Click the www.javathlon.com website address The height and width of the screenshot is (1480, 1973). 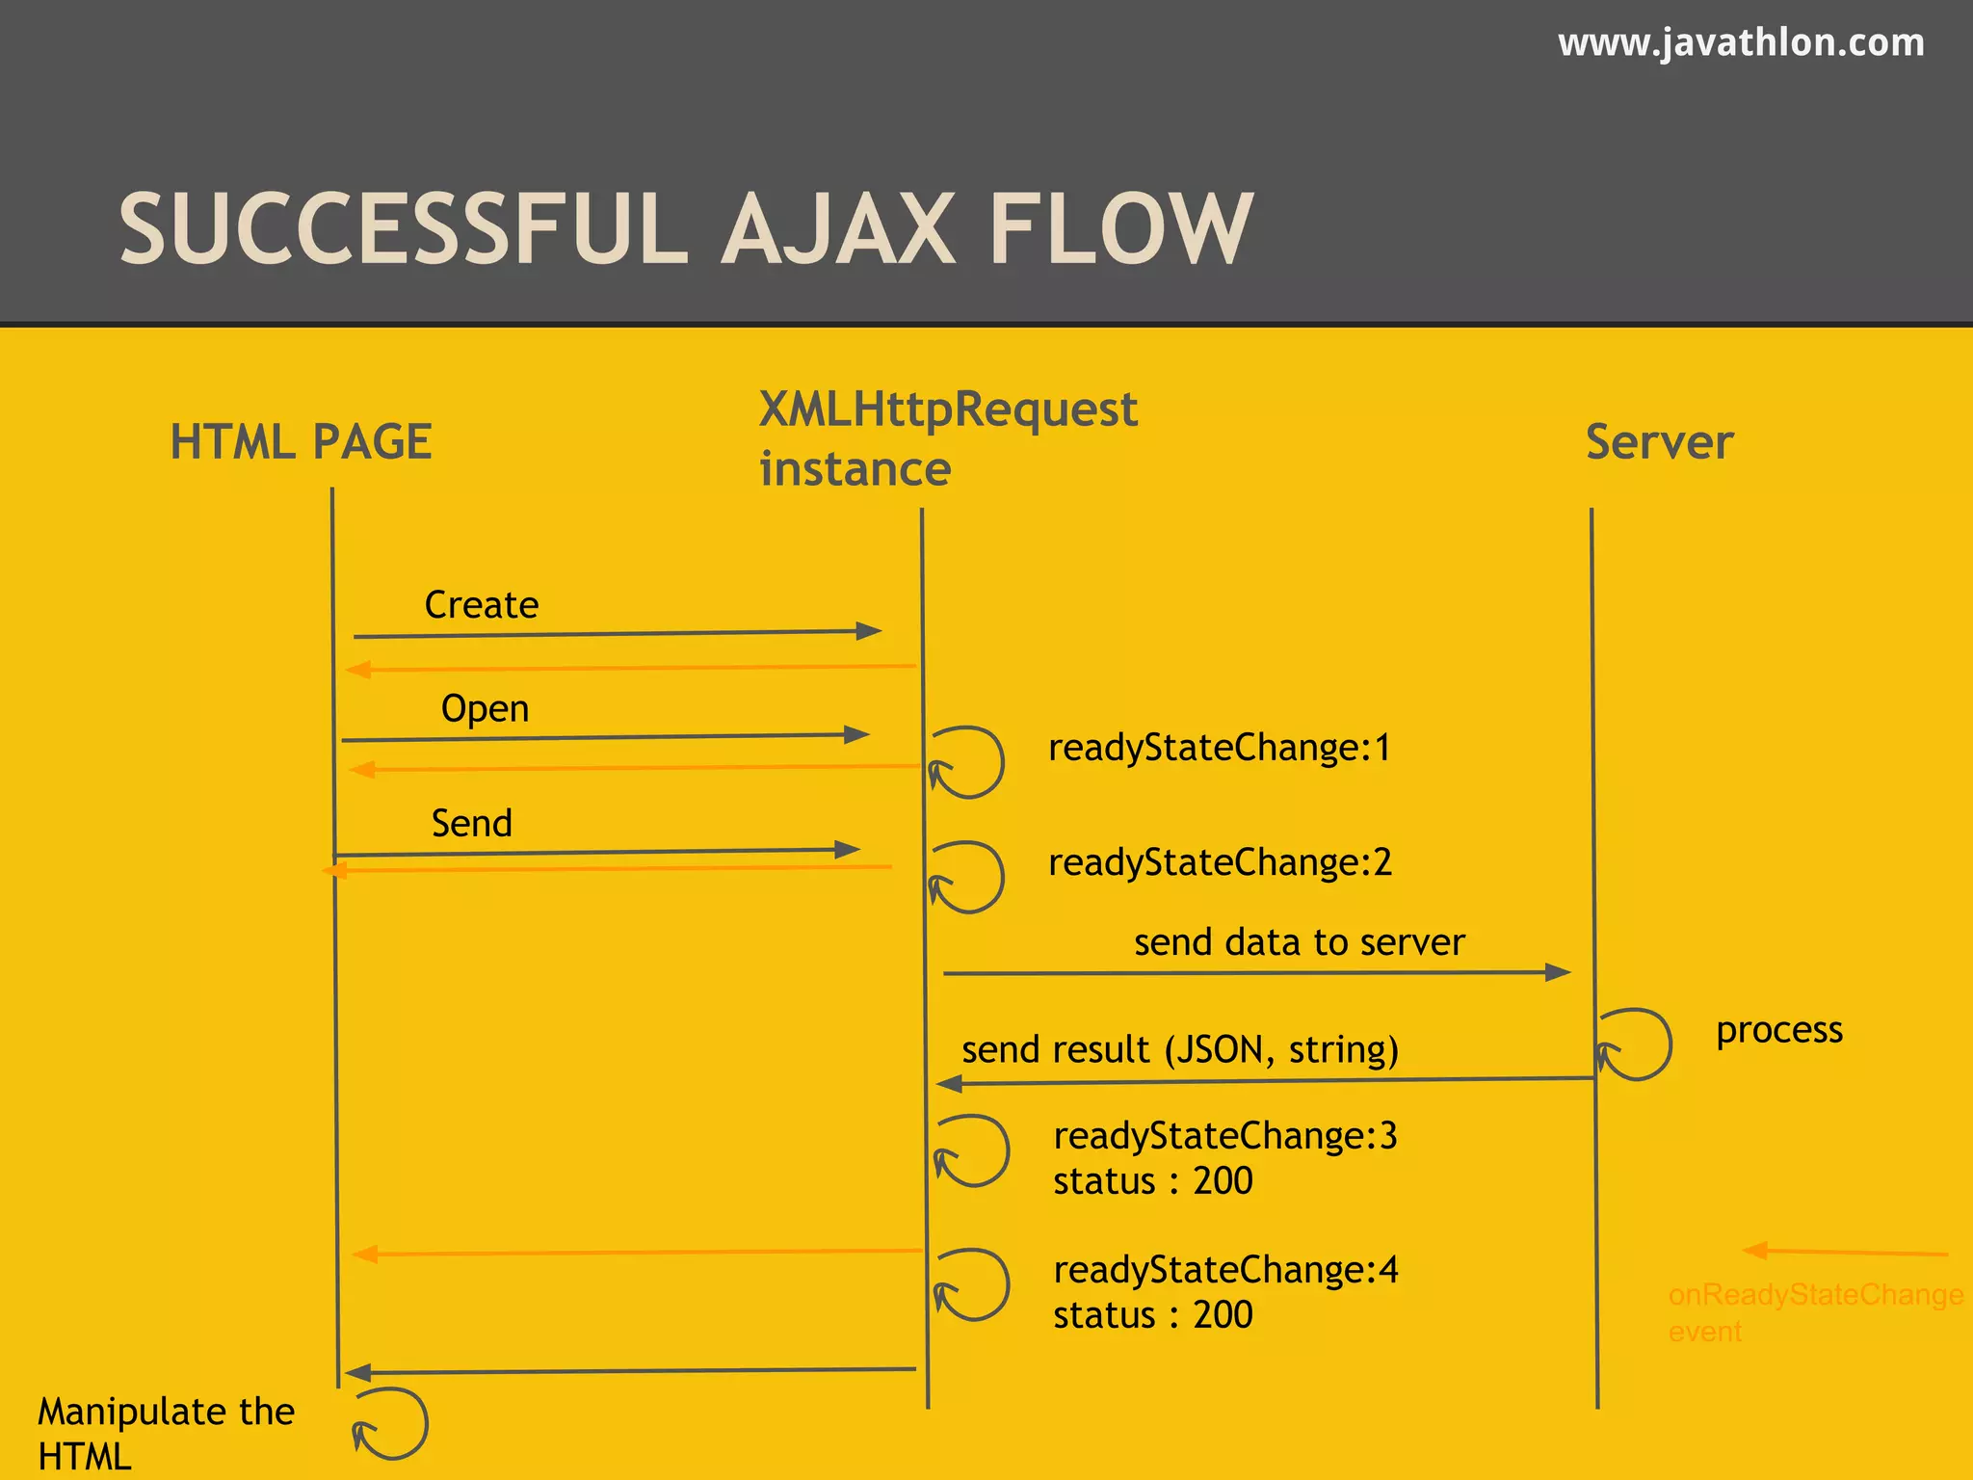(1741, 42)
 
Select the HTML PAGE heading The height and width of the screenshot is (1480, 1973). (301, 442)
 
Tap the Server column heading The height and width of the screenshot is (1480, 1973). (1659, 442)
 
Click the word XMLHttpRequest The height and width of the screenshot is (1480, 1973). (948, 410)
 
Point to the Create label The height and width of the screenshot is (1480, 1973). (482, 605)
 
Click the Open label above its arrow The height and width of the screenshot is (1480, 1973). (485, 708)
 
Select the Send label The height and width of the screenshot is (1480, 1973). (471, 824)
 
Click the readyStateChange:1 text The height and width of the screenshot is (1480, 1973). (1219, 748)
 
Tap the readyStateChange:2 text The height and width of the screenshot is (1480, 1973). (1220, 862)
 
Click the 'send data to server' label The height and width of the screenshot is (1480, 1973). (1299, 942)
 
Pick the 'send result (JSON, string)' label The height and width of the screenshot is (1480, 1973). (1179, 1049)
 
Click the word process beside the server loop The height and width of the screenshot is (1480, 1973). (1778, 1030)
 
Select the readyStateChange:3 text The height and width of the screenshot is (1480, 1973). (1224, 1136)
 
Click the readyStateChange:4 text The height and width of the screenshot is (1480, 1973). (1225, 1270)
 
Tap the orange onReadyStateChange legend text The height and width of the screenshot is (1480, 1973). (1815, 1295)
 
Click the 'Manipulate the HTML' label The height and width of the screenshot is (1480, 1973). (166, 1433)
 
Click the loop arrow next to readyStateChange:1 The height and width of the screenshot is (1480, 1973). (966, 762)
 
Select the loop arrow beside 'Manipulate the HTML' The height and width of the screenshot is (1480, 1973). (390, 1424)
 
